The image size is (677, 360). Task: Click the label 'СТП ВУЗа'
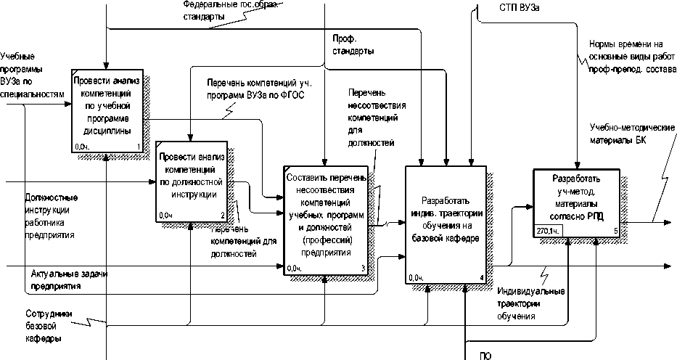(x=519, y=7)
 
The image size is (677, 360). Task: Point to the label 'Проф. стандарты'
(x=354, y=46)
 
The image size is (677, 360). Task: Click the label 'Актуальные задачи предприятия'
(x=65, y=280)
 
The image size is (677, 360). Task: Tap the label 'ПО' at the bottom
(x=485, y=356)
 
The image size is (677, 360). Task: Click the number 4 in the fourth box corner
(x=482, y=277)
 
